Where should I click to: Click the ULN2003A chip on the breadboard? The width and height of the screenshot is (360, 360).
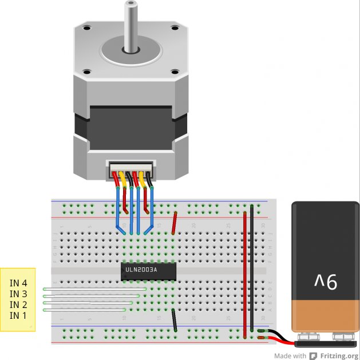[x=148, y=270]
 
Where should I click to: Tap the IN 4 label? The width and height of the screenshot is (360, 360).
[x=18, y=283]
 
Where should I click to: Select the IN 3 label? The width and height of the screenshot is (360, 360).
[x=18, y=294]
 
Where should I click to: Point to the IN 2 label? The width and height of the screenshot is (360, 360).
[x=18, y=304]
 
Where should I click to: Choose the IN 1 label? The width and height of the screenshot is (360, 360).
[x=18, y=315]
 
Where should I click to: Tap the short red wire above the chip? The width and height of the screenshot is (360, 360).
[x=175, y=223]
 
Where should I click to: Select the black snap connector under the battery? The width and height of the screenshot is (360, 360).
[x=326, y=343]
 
